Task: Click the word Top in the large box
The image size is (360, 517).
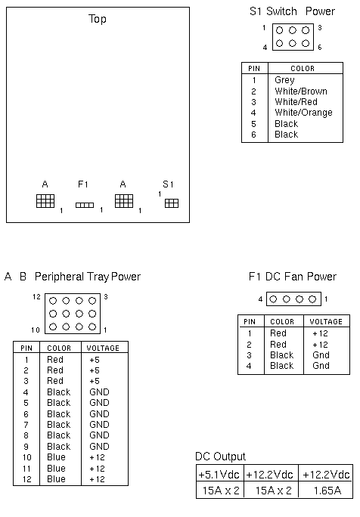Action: coord(98,19)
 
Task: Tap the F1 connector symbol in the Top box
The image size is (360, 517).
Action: coord(85,205)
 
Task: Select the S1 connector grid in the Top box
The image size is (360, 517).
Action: coord(172,203)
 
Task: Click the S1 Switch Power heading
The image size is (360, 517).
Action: coord(292,11)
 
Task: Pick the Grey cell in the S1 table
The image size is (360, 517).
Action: coord(284,80)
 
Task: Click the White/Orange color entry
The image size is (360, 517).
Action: coord(303,113)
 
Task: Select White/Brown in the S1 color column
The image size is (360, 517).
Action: coord(301,91)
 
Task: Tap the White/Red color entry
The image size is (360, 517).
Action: coord(296,102)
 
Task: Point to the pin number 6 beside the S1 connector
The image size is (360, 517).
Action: coord(320,48)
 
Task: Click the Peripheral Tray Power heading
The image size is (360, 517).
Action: coord(88,277)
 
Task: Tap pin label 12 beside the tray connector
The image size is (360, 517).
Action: coord(36,297)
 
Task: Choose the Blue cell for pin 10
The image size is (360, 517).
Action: coord(56,457)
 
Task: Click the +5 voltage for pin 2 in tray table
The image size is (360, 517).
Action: coord(95,370)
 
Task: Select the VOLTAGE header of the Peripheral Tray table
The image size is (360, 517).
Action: coord(103,348)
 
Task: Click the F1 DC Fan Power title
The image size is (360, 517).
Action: coord(293,277)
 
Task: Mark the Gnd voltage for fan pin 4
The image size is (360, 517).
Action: coord(321,366)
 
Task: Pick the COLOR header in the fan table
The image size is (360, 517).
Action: coord(282,322)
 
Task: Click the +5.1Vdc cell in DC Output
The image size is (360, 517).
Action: coord(219,475)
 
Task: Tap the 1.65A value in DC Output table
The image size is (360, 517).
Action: coord(327,491)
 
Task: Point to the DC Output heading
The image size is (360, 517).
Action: coord(220,457)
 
